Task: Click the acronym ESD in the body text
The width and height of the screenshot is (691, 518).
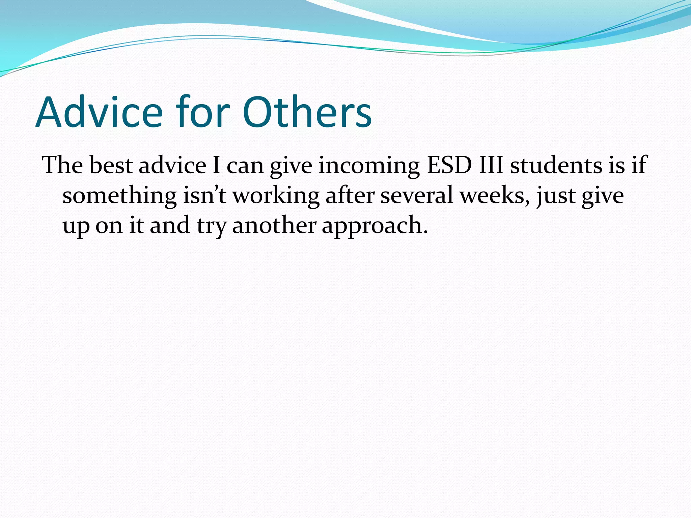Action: (449, 165)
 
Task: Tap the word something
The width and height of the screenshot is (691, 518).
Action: (119, 196)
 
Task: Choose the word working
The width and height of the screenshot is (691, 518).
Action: (276, 196)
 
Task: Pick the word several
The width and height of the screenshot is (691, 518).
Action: (417, 195)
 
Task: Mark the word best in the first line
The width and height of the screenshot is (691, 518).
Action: (111, 165)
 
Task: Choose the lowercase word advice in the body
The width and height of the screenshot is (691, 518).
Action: (172, 165)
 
